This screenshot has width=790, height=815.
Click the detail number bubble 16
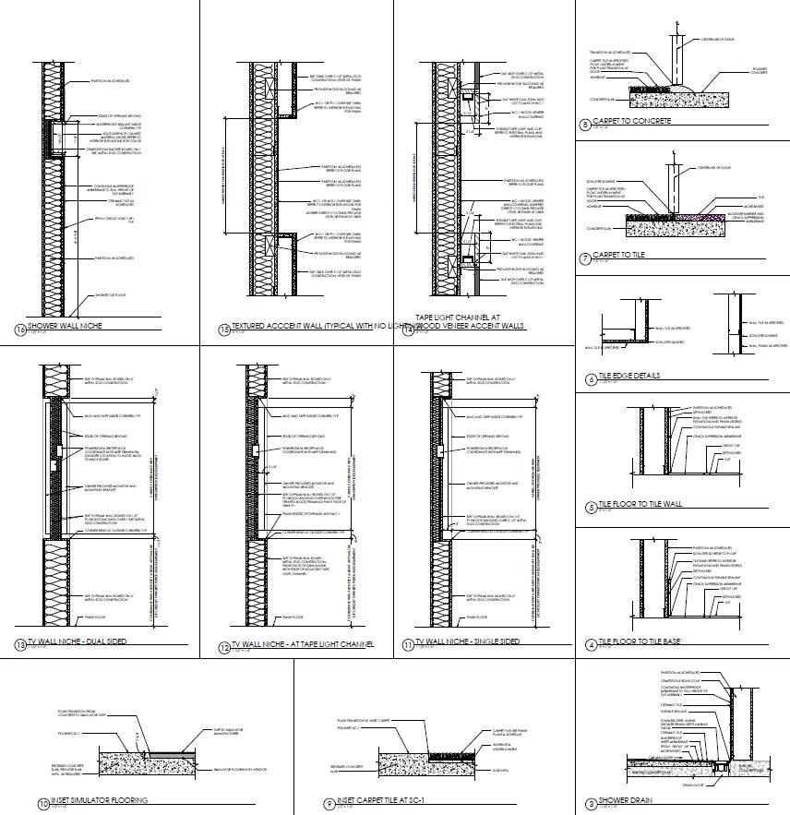point(20,329)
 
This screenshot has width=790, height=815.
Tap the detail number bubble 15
point(223,329)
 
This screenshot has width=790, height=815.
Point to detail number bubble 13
point(20,644)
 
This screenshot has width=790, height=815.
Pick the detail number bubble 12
point(223,647)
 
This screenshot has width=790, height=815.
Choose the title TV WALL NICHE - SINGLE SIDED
point(467,641)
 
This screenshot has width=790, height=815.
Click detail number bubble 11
point(407,645)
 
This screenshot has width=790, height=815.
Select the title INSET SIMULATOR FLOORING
point(100,800)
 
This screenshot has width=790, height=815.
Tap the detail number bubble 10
point(42,804)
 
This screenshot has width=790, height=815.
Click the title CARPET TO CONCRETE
point(632,121)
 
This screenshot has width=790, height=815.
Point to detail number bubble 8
point(585,125)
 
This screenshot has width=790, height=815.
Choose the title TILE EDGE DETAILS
point(628,377)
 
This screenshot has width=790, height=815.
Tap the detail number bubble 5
point(591,508)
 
